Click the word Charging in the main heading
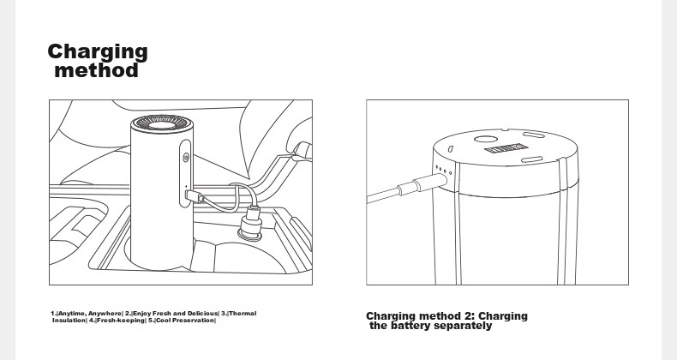click(98, 52)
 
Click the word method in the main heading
click(97, 70)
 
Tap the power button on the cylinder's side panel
click(186, 157)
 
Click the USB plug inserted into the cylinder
click(194, 196)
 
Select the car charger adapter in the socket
click(251, 222)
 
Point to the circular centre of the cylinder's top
click(162, 125)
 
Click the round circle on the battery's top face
click(486, 139)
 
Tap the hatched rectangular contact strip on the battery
click(506, 149)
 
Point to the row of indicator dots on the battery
click(443, 170)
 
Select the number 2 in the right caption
click(465, 316)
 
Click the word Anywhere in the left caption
click(105, 314)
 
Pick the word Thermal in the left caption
click(243, 314)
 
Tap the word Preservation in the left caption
click(193, 321)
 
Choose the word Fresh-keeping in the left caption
click(121, 321)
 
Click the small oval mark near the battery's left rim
click(450, 149)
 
